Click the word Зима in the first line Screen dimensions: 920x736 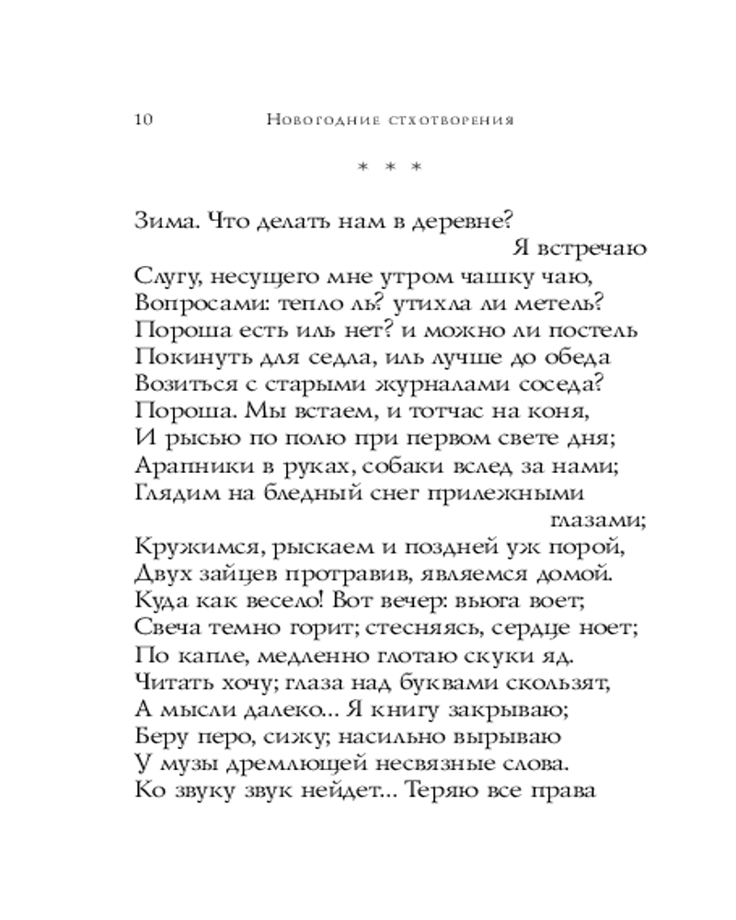(x=160, y=221)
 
